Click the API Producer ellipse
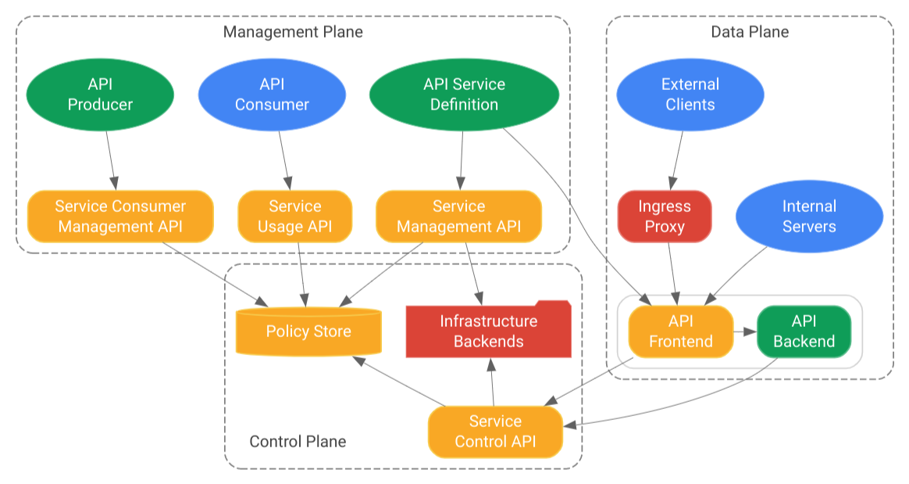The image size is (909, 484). pyautogui.click(x=100, y=95)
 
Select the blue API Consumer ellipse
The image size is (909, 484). pyautogui.click(x=272, y=95)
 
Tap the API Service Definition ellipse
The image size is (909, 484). pyautogui.click(x=464, y=95)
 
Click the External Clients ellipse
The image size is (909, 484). pyautogui.click(x=690, y=95)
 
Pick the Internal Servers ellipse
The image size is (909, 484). pyautogui.click(x=809, y=217)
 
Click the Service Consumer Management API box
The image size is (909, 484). pyautogui.click(x=120, y=217)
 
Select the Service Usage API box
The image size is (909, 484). pyautogui.click(x=295, y=217)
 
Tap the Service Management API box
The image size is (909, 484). pyautogui.click(x=458, y=217)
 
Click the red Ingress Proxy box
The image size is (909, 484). pyautogui.click(x=665, y=217)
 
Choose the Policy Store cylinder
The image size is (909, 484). pyautogui.click(x=308, y=332)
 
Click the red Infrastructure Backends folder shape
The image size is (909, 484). pyautogui.click(x=488, y=331)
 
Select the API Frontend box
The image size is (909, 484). pyautogui.click(x=680, y=332)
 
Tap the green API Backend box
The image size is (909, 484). pyautogui.click(x=804, y=332)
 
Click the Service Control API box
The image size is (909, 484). pyautogui.click(x=495, y=432)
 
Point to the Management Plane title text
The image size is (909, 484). pyautogui.click(x=293, y=32)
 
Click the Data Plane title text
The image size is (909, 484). pyautogui.click(x=750, y=32)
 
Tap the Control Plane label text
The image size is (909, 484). pyautogui.click(x=298, y=442)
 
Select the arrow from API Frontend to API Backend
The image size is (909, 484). pyautogui.click(x=745, y=332)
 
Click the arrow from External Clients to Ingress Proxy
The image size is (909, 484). pyautogui.click(x=676, y=160)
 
